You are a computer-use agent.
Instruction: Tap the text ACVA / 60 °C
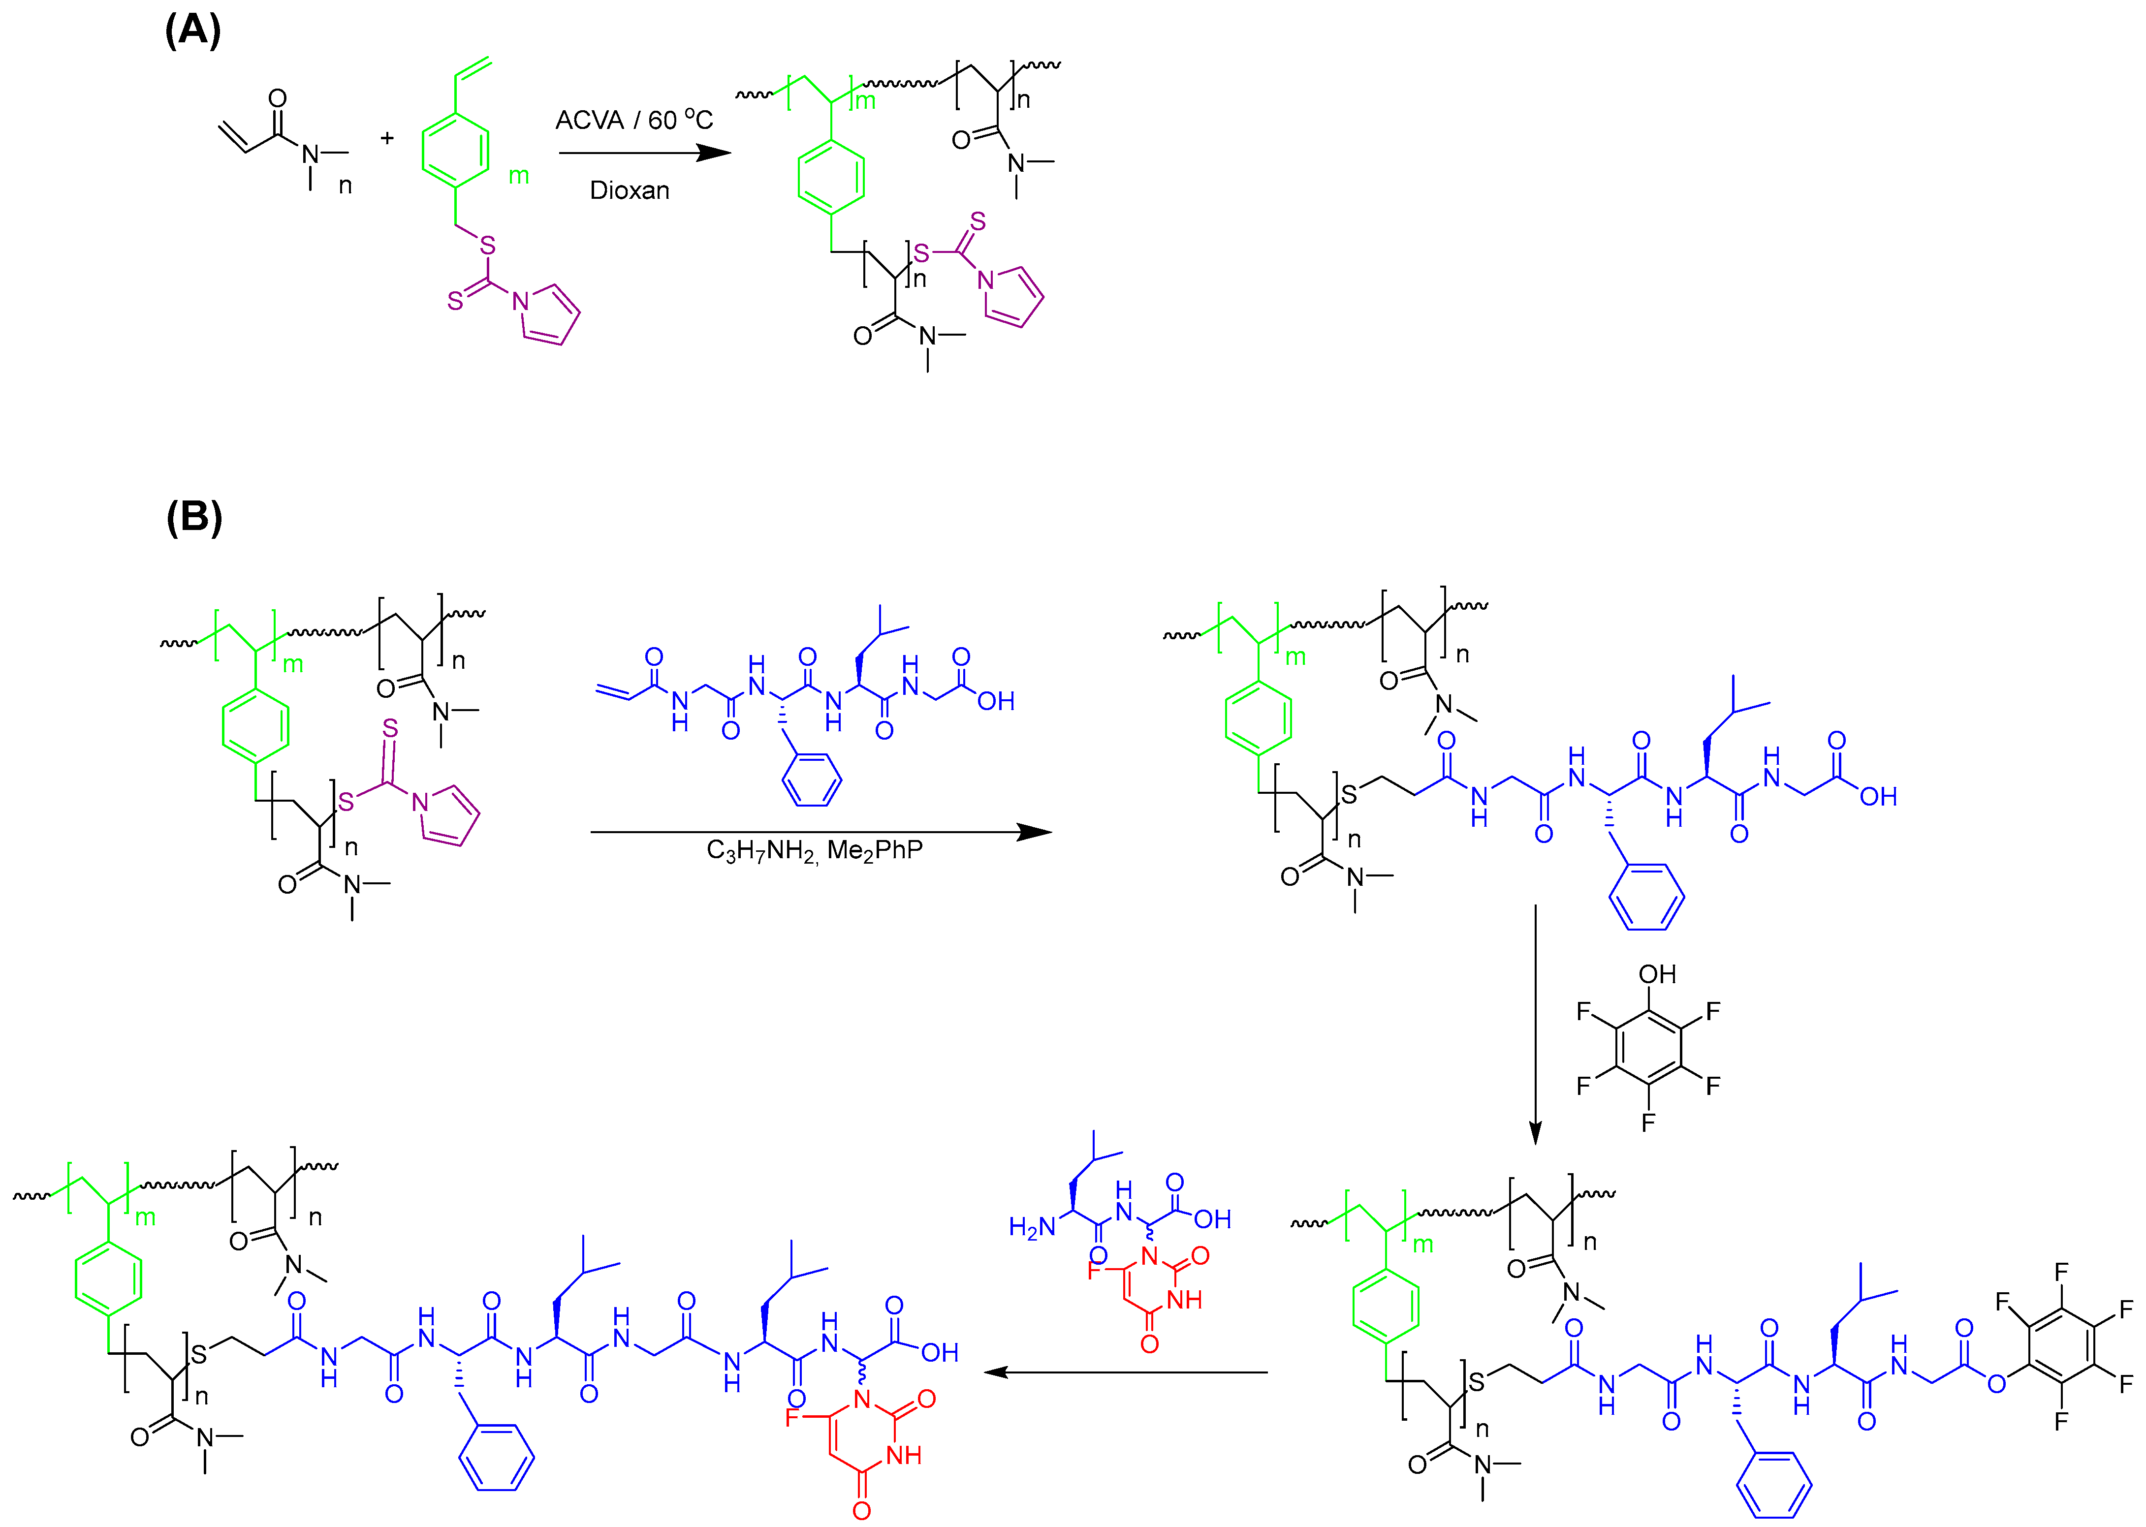634,121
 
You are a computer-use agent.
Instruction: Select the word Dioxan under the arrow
629,191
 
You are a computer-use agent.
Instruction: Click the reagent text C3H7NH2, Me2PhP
815,851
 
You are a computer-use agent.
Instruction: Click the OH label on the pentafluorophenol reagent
1657,974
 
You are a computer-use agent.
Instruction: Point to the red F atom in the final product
792,1417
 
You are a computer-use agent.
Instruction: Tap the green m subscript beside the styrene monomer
518,176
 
